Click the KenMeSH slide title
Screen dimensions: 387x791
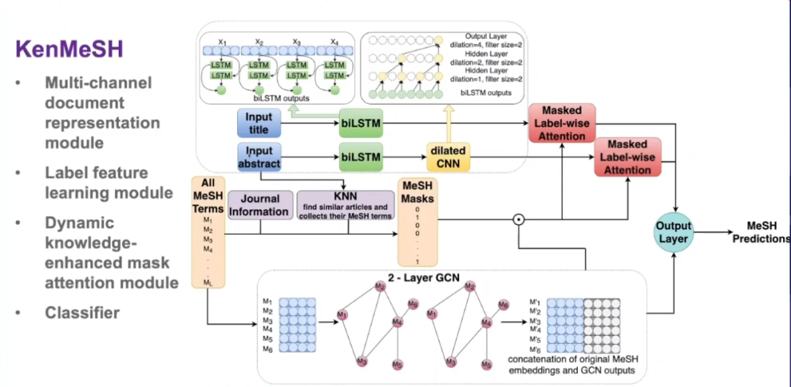click(70, 50)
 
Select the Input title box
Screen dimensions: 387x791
click(258, 123)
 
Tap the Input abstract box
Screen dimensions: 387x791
click(258, 156)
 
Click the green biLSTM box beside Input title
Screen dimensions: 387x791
click(360, 123)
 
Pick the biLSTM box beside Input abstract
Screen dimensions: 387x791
click(360, 156)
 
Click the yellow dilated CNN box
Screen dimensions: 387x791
click(448, 156)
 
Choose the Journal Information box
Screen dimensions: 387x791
click(260, 205)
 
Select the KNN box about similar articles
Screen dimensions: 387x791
click(345, 205)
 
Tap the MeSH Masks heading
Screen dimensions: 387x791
click(416, 193)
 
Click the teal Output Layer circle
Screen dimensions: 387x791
click(673, 232)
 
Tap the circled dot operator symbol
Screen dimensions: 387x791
click(519, 218)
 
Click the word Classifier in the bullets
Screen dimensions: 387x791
click(82, 313)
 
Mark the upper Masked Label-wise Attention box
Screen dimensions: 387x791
click(562, 123)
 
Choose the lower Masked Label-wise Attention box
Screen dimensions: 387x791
click(628, 157)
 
